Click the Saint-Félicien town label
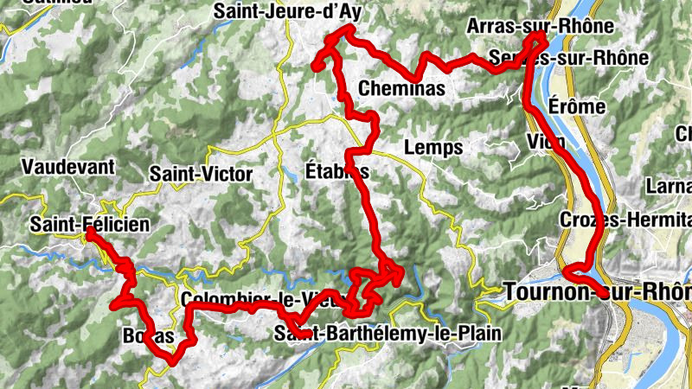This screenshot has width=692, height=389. coord(89,225)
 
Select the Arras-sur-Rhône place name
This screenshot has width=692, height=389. coord(540,26)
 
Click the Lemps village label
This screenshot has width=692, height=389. coord(433,147)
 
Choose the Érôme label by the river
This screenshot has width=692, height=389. coord(578,105)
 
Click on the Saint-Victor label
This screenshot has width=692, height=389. coord(201,174)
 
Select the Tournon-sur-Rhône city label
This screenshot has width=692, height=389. coord(597,293)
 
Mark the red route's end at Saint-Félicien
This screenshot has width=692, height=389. coord(89,232)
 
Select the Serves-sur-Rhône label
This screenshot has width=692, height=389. coord(567,58)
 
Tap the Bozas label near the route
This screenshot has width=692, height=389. coord(143,335)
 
